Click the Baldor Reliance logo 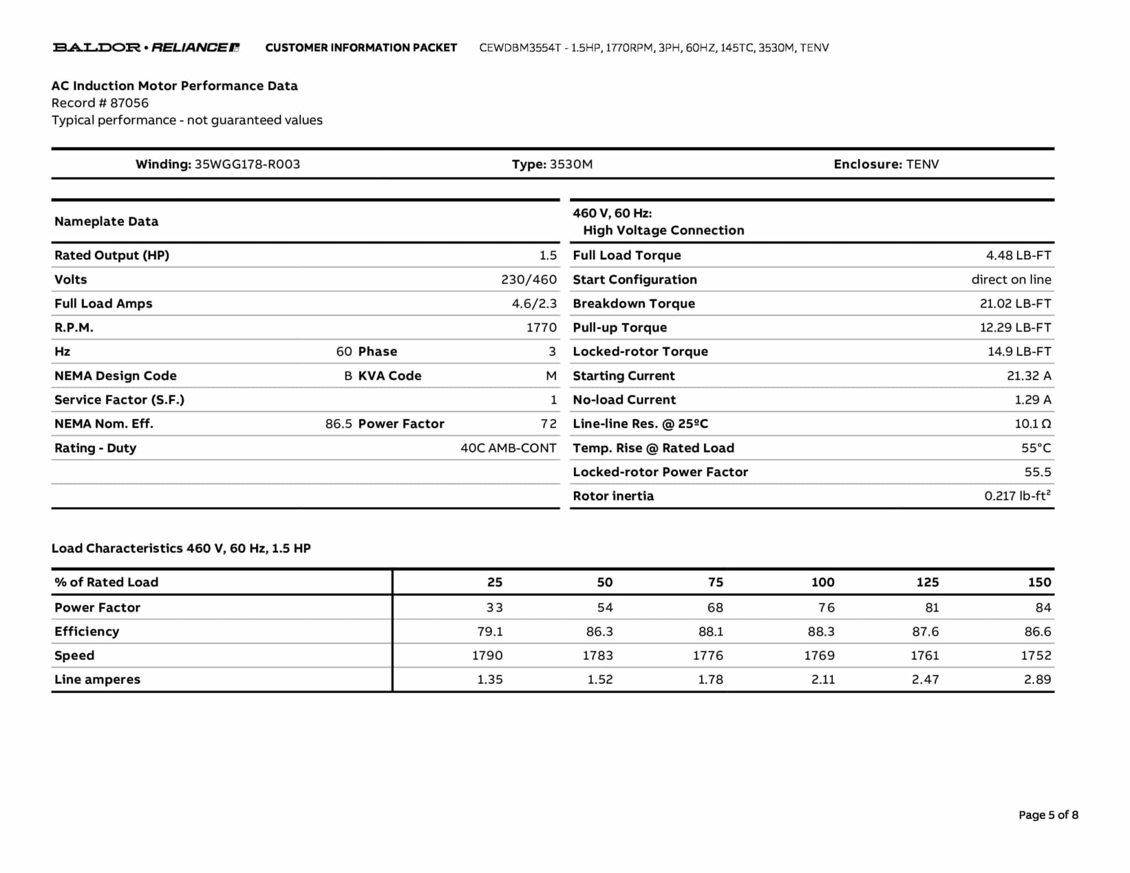click(x=146, y=47)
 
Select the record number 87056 click(x=129, y=103)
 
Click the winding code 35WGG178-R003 click(x=247, y=164)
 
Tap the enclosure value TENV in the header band click(x=923, y=164)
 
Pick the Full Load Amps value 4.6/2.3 click(x=534, y=304)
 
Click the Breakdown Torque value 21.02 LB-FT click(x=1015, y=304)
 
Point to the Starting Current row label click(x=623, y=376)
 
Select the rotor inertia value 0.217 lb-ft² click(x=1017, y=496)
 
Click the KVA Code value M click(x=551, y=376)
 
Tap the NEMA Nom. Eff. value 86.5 click(x=338, y=424)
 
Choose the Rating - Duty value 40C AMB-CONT click(x=508, y=448)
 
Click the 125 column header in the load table click(x=928, y=582)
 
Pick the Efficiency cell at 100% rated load click(x=821, y=631)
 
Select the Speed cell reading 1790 click(x=487, y=656)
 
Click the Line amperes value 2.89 click(x=1037, y=680)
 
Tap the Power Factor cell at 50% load click(x=605, y=608)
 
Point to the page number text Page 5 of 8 click(x=1048, y=815)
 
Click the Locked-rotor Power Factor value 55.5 click(x=1037, y=472)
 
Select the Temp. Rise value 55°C click(x=1036, y=448)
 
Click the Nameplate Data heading click(x=106, y=222)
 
